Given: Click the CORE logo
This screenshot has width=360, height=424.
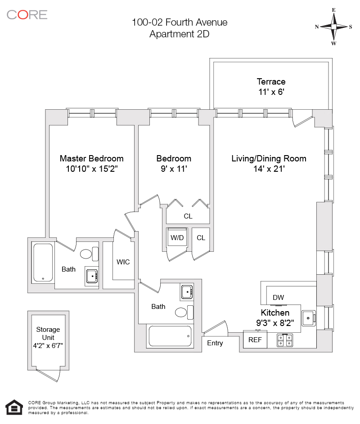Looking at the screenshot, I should click(x=27, y=14).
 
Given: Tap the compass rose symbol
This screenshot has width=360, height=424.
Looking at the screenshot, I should click(x=333, y=27).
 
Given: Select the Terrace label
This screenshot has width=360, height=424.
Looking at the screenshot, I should click(x=271, y=81).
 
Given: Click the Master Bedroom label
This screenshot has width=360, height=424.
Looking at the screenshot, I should click(x=91, y=158).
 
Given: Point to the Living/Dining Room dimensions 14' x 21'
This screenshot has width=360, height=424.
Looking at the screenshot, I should click(x=269, y=169).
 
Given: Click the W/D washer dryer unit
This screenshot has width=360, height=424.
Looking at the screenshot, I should click(x=177, y=237).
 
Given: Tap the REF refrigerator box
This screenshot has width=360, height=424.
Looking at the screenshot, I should click(x=255, y=339).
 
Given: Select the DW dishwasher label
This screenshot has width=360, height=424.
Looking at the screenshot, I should click(x=278, y=297).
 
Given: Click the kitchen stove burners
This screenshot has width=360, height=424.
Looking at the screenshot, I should click(x=284, y=340).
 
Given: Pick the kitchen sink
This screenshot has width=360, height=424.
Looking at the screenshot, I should click(x=308, y=318).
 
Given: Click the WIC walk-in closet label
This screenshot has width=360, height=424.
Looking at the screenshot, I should click(x=123, y=262).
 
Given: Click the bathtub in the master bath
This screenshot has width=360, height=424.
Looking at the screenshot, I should click(x=43, y=263).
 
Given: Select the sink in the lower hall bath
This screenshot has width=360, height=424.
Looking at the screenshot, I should click(x=187, y=292).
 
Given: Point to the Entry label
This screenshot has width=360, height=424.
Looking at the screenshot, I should click(x=215, y=343).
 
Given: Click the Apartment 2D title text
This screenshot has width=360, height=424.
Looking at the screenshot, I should click(x=179, y=34).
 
